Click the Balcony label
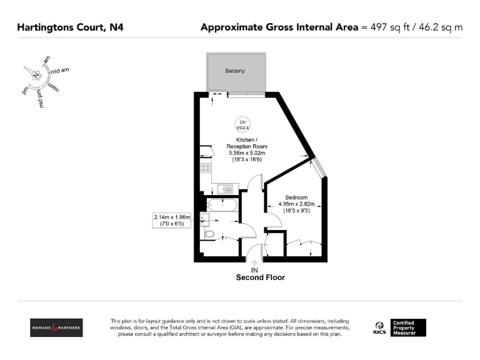[x=235, y=71]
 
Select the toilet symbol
[x=209, y=234]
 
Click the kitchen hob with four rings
[x=204, y=167]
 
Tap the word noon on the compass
[x=52, y=86]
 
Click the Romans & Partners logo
[x=56, y=327]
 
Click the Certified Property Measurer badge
[x=408, y=327]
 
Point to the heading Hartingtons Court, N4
[x=69, y=27]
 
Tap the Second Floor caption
[x=260, y=277]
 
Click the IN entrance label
[x=254, y=270]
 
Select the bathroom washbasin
[x=205, y=218]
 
